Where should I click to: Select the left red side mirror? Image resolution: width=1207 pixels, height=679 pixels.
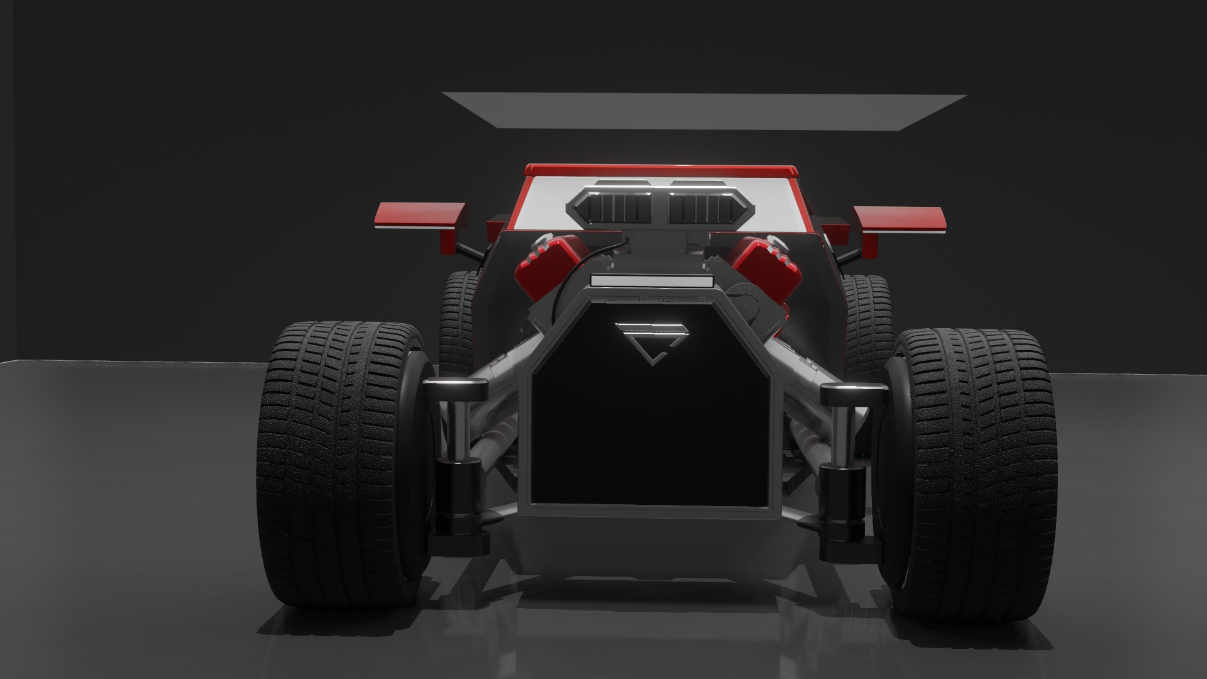420,215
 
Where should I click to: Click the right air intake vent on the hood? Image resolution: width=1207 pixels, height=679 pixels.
703,207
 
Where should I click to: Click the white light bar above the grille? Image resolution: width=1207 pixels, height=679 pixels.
651,282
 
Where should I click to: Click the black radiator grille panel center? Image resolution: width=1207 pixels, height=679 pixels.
650,428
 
